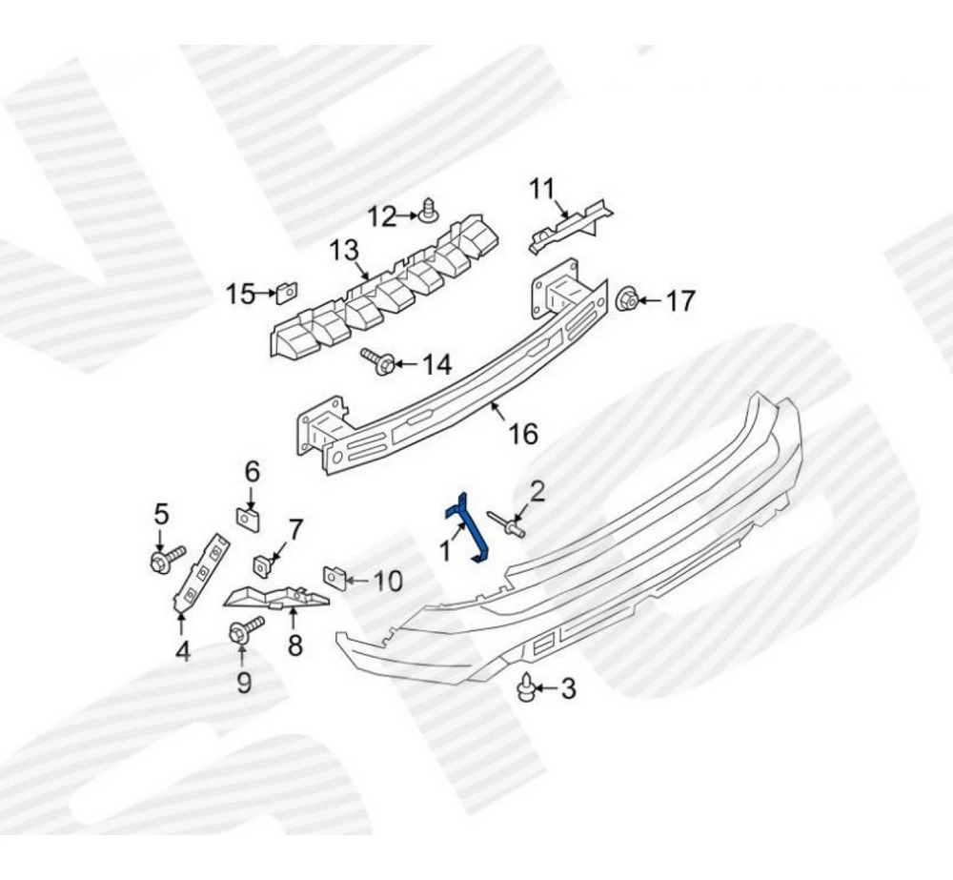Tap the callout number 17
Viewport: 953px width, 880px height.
(x=679, y=301)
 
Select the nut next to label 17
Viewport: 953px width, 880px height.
(x=627, y=299)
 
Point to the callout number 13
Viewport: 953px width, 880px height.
(x=344, y=251)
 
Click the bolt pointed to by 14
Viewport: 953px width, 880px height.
(x=377, y=361)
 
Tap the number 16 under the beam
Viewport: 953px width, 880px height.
(x=523, y=434)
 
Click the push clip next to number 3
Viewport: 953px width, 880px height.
(x=525, y=687)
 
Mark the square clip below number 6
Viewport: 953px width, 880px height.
(x=248, y=518)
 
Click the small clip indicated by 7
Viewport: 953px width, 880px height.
(x=263, y=565)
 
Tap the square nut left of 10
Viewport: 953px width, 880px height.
(x=334, y=577)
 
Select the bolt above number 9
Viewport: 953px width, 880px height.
(x=246, y=630)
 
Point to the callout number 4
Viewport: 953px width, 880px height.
(x=182, y=651)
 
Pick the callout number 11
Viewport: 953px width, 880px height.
(x=541, y=189)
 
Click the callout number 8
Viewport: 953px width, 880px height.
(x=294, y=645)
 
